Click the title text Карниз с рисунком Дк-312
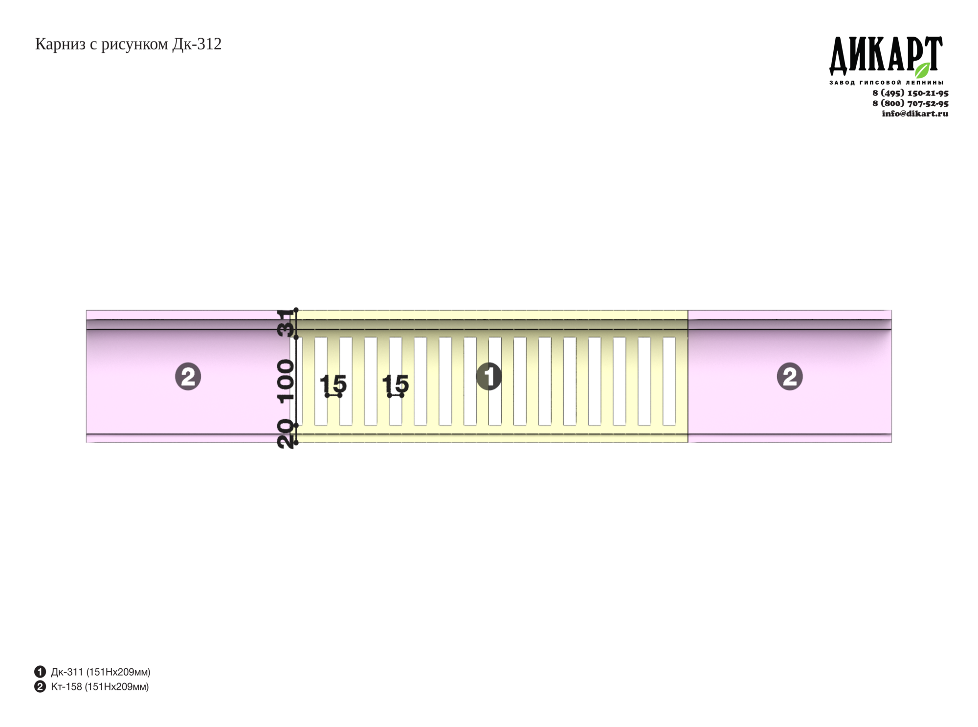(128, 45)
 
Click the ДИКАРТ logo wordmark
(886, 56)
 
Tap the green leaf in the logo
(923, 70)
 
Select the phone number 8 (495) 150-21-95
(910, 93)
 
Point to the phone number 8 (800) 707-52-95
(910, 103)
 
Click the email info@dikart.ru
(914, 114)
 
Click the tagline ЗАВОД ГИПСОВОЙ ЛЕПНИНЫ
(886, 83)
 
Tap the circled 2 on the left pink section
(188, 377)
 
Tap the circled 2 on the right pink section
(790, 377)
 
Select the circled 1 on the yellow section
(489, 377)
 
